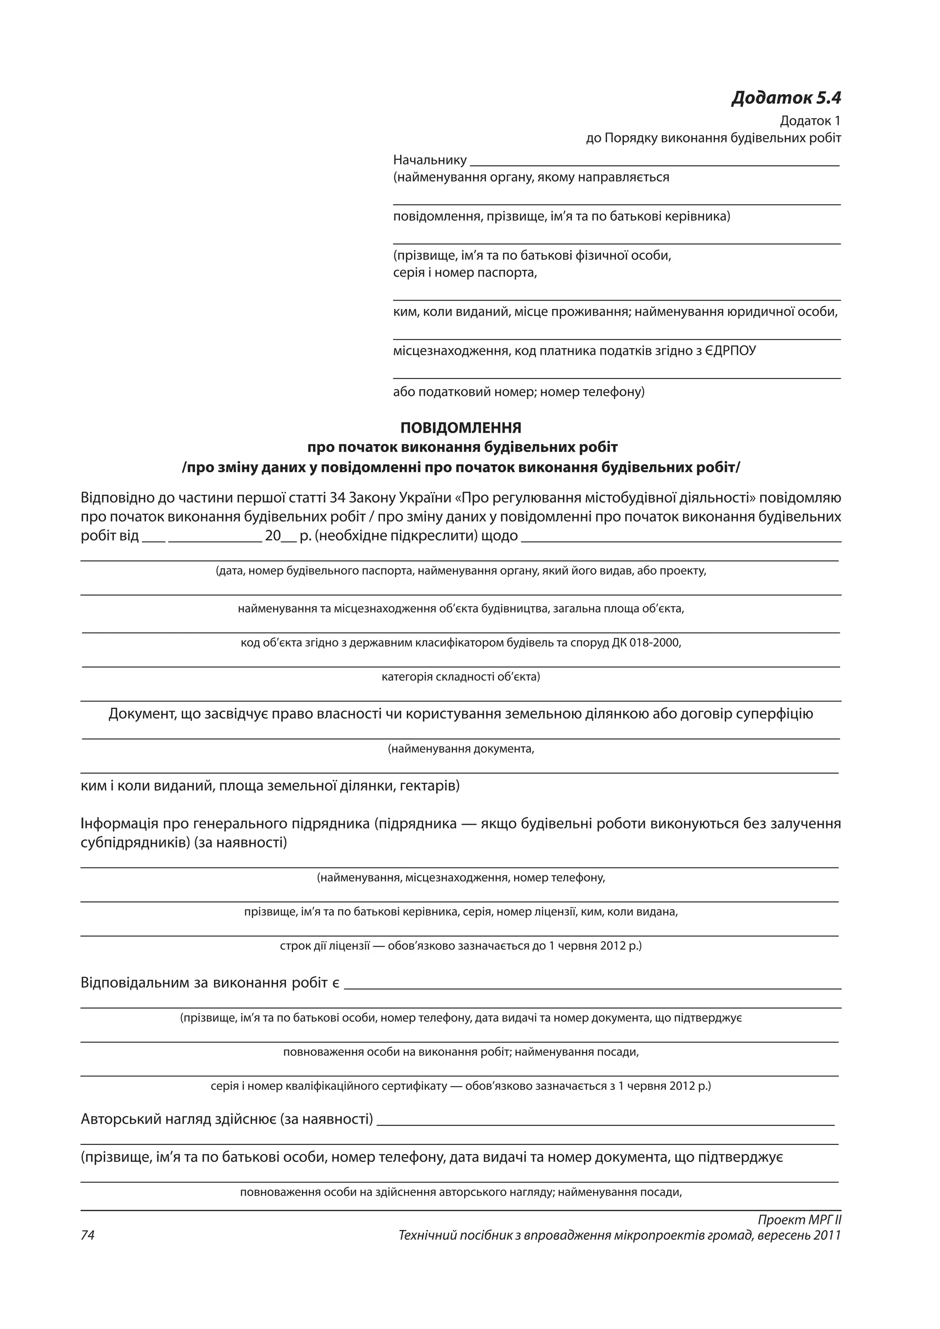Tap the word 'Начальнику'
click(x=430, y=160)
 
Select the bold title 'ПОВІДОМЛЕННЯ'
click(x=461, y=428)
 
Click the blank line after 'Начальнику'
click(x=654, y=162)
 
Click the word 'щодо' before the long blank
click(x=500, y=536)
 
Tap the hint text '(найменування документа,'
click(x=461, y=749)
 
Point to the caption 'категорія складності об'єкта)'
click(x=461, y=676)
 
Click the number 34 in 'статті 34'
click(x=337, y=498)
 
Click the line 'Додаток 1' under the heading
click(x=810, y=121)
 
